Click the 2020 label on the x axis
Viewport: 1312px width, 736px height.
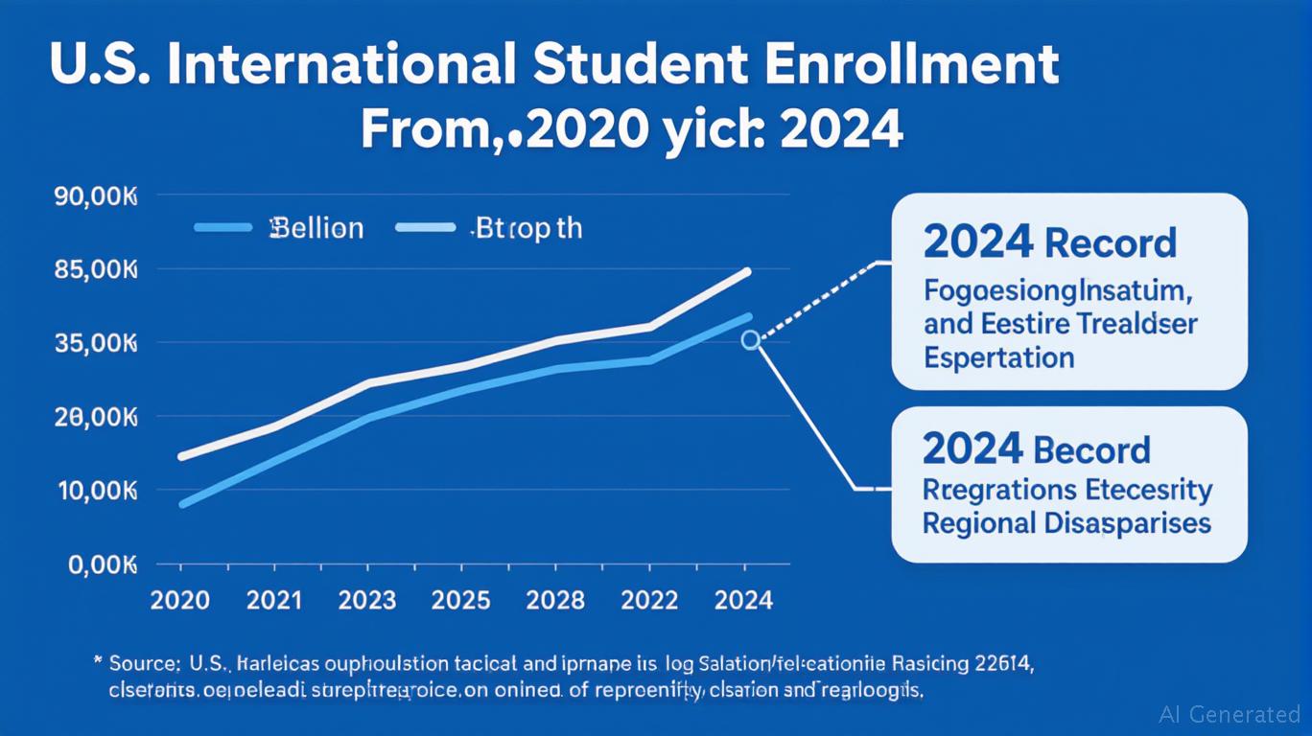[x=180, y=601]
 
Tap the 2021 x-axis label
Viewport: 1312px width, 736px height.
[x=273, y=601]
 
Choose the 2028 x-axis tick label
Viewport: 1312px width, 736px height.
[x=555, y=601]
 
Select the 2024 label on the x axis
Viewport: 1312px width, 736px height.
[x=743, y=601]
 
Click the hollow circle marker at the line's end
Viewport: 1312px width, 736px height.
[x=750, y=340]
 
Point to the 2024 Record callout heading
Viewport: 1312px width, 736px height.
[x=1049, y=243]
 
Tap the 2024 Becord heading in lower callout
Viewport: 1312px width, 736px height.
[x=1036, y=449]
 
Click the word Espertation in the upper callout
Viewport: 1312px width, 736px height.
[x=998, y=358]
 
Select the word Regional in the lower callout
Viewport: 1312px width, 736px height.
[x=979, y=523]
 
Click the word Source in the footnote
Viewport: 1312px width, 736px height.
[x=144, y=662]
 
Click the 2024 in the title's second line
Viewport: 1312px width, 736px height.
[x=841, y=130]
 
